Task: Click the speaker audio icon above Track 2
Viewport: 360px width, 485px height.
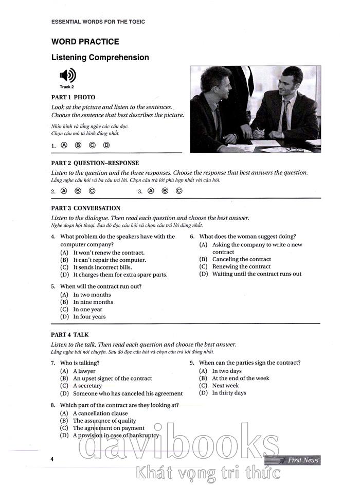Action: coord(67,76)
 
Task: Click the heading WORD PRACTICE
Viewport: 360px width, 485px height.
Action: coord(85,42)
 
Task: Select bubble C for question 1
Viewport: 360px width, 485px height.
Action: coord(92,145)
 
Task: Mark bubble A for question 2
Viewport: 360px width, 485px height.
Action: coord(64,191)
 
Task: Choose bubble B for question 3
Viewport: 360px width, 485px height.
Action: coord(165,191)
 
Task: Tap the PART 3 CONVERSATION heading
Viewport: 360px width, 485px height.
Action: coord(86,208)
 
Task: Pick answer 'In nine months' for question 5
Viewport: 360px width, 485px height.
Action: coord(93,302)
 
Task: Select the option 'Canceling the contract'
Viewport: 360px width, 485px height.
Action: coord(241,259)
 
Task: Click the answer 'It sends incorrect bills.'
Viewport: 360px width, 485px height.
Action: coord(102,267)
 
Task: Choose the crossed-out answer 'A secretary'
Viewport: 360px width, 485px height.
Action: coord(87,385)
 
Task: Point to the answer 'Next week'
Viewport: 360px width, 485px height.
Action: coord(225,385)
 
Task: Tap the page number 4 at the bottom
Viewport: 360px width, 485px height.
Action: coord(52,459)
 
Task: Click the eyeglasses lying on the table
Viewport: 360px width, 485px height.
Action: coord(295,149)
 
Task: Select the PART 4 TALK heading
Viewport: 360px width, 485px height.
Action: coord(69,334)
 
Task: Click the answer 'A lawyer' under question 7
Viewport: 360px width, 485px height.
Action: coord(84,371)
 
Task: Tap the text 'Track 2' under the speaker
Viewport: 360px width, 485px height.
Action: coord(67,87)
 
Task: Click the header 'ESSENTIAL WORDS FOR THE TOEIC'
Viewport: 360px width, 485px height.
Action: coord(98,22)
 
